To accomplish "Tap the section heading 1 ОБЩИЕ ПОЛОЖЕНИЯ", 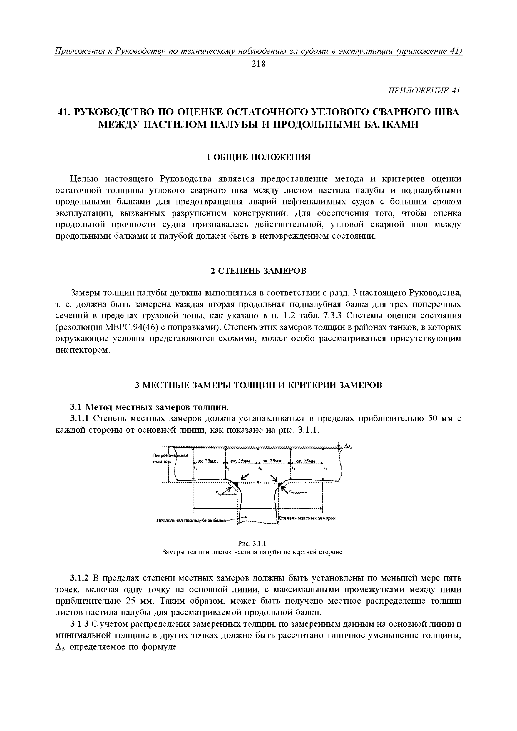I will click(x=258, y=157).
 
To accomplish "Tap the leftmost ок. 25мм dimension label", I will click(x=208, y=461).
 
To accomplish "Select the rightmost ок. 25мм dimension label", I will click(x=306, y=461).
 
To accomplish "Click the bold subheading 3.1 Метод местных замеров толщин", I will click(x=150, y=407).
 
